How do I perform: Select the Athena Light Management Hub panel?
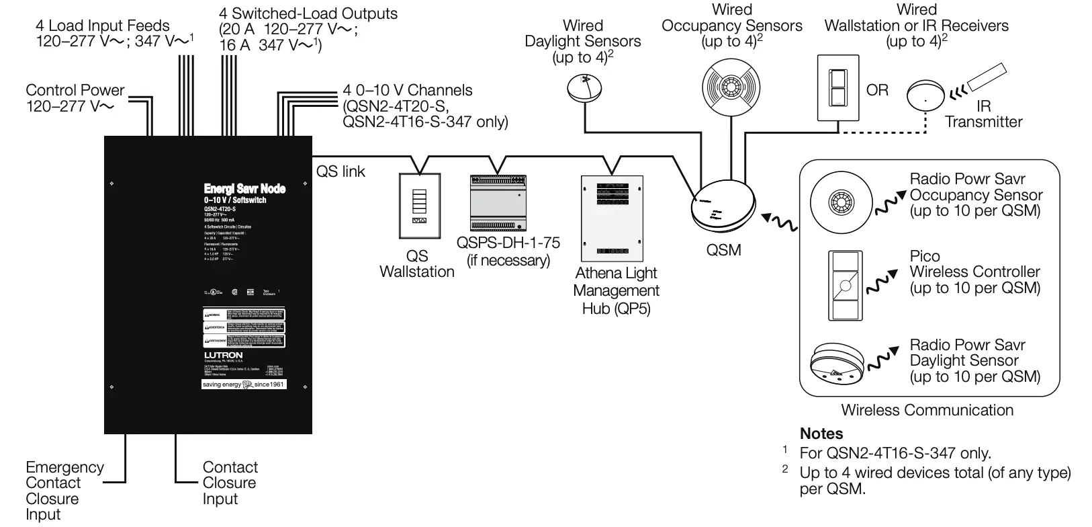(x=612, y=218)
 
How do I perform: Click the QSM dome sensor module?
(x=723, y=206)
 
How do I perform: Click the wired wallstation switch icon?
(x=837, y=87)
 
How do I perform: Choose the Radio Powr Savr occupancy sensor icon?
(x=839, y=200)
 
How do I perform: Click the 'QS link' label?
(x=340, y=172)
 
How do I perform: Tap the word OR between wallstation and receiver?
(x=877, y=90)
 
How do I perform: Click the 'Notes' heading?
(x=821, y=434)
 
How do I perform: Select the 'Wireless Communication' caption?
(x=927, y=410)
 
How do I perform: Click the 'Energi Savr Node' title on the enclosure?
(x=244, y=189)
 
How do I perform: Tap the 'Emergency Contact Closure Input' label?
(x=64, y=491)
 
